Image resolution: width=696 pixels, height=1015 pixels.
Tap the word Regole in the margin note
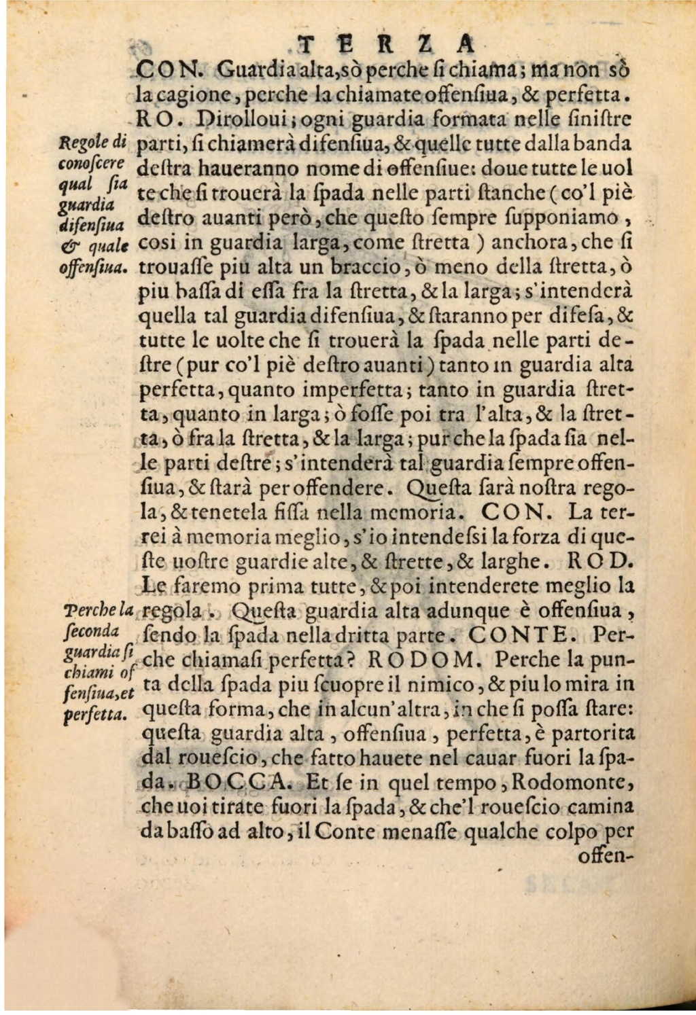click(79, 143)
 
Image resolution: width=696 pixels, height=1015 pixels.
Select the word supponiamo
click(580, 218)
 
